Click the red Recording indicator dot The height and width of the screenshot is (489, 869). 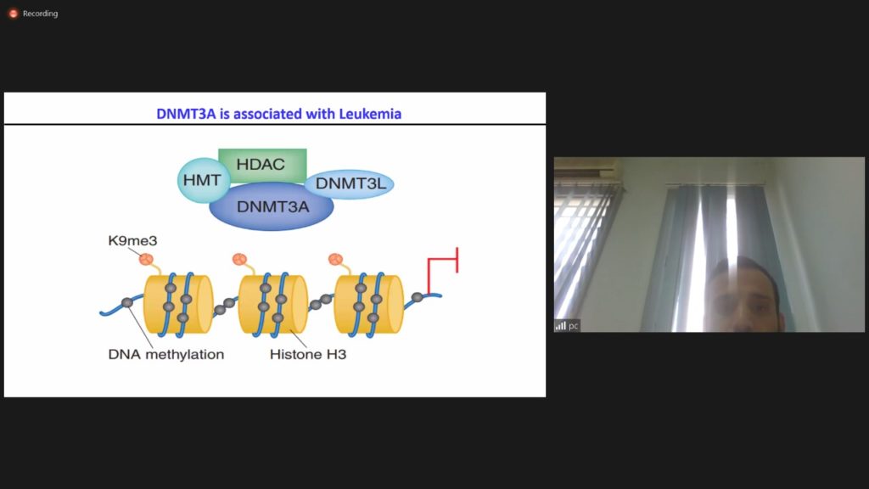14,14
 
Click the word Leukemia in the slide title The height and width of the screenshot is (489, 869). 370,114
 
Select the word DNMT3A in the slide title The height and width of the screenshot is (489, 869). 186,114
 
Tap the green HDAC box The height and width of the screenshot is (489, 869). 262,165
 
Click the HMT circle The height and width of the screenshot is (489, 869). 202,180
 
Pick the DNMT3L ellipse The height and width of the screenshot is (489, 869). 350,183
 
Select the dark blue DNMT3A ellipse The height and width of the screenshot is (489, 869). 272,206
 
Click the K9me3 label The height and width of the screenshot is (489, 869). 132,240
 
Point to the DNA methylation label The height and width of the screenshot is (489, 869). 166,354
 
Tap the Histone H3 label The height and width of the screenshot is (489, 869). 308,354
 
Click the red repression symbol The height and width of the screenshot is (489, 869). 442,270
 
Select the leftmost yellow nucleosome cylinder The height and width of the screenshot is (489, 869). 178,305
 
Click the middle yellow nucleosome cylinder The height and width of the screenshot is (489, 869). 273,305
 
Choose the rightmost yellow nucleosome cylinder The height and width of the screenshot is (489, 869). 368,305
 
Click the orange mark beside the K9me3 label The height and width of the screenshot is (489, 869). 146,259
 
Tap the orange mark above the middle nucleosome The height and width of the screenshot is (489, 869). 239,259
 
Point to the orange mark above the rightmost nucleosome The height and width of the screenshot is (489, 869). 335,259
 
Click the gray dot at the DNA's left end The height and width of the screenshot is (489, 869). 127,302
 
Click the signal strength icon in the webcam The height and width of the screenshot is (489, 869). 561,325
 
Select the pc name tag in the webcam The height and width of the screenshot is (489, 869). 573,326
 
